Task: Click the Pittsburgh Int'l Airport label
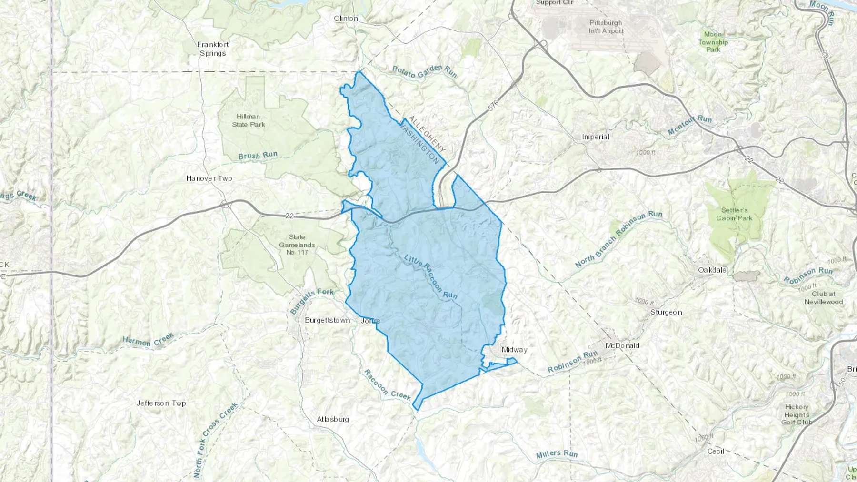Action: [x=606, y=27]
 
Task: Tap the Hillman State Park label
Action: [x=249, y=120]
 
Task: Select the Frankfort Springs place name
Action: [x=213, y=49]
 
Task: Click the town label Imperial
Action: [x=595, y=137]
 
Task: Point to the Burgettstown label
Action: [x=327, y=320]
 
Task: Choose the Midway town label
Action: [x=514, y=350]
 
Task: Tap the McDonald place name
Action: [x=622, y=345]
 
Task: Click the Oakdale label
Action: [x=712, y=270]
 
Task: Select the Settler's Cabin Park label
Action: [x=735, y=214]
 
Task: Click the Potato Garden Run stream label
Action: [x=424, y=71]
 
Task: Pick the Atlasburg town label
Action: [x=333, y=419]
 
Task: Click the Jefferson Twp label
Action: [x=161, y=403]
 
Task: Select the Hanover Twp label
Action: [x=209, y=178]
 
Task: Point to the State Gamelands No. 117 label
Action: [x=297, y=245]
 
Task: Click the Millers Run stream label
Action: [x=557, y=454]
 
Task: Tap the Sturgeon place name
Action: [x=666, y=312]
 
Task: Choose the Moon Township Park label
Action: [x=713, y=42]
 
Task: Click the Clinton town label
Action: [x=346, y=19]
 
